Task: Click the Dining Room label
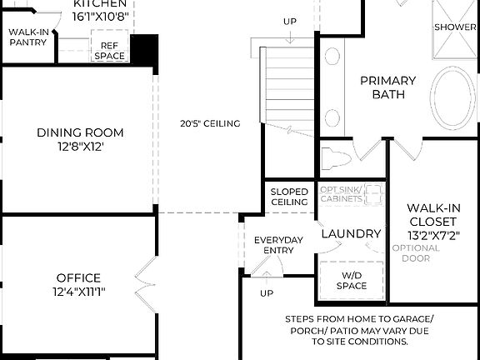(x=80, y=132)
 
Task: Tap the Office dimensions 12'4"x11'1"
(x=79, y=292)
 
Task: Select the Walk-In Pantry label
(x=28, y=37)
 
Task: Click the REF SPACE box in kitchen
(x=109, y=51)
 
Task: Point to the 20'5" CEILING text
(x=210, y=123)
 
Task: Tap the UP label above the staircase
(x=290, y=21)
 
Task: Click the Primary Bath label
(x=387, y=87)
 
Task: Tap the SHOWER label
(x=455, y=27)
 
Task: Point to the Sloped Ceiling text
(x=289, y=197)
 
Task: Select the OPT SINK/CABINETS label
(x=342, y=194)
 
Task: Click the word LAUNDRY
(x=351, y=234)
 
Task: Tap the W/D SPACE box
(x=352, y=280)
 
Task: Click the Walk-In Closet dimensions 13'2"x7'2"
(x=432, y=235)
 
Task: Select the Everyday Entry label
(x=279, y=245)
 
